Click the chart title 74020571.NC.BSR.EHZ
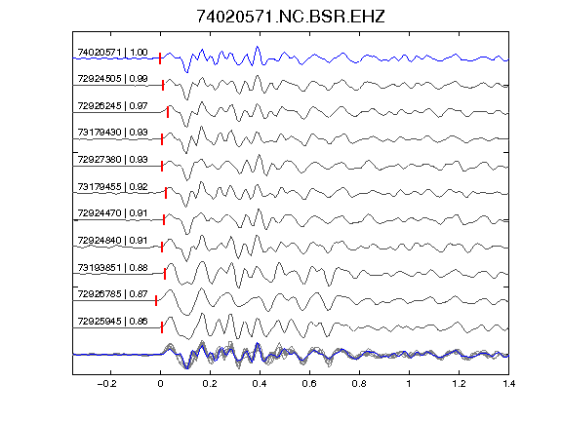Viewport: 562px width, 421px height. [291, 17]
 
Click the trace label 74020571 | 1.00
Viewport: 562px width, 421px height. [112, 53]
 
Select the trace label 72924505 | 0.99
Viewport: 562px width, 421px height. [112, 79]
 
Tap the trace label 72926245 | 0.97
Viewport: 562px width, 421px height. [112, 106]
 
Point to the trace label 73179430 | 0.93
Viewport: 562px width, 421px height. [112, 133]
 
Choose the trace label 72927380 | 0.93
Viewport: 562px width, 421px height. [112, 159]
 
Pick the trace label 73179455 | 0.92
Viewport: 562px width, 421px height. [112, 187]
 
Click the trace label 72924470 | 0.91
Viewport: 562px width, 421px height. [112, 213]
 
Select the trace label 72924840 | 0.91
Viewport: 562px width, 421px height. [112, 240]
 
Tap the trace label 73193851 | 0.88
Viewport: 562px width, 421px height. [112, 268]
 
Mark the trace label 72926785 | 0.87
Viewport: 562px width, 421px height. [112, 294]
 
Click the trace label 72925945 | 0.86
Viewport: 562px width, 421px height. [112, 322]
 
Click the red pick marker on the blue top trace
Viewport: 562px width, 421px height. [160, 58]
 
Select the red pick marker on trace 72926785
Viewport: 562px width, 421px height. [156, 301]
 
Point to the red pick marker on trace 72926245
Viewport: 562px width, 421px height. [168, 112]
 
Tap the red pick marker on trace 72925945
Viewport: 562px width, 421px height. [162, 327]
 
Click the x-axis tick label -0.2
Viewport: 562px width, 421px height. [106, 384]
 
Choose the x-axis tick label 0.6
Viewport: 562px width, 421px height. [309, 384]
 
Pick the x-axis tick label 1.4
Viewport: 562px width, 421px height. [508, 384]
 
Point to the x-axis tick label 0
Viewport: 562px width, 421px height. [160, 384]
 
